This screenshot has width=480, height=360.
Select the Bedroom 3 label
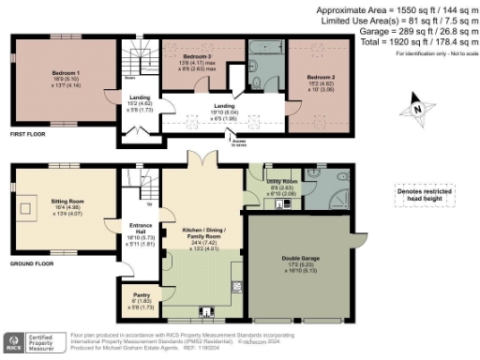coord(194,57)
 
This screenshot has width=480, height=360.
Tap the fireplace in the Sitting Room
coord(29,207)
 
